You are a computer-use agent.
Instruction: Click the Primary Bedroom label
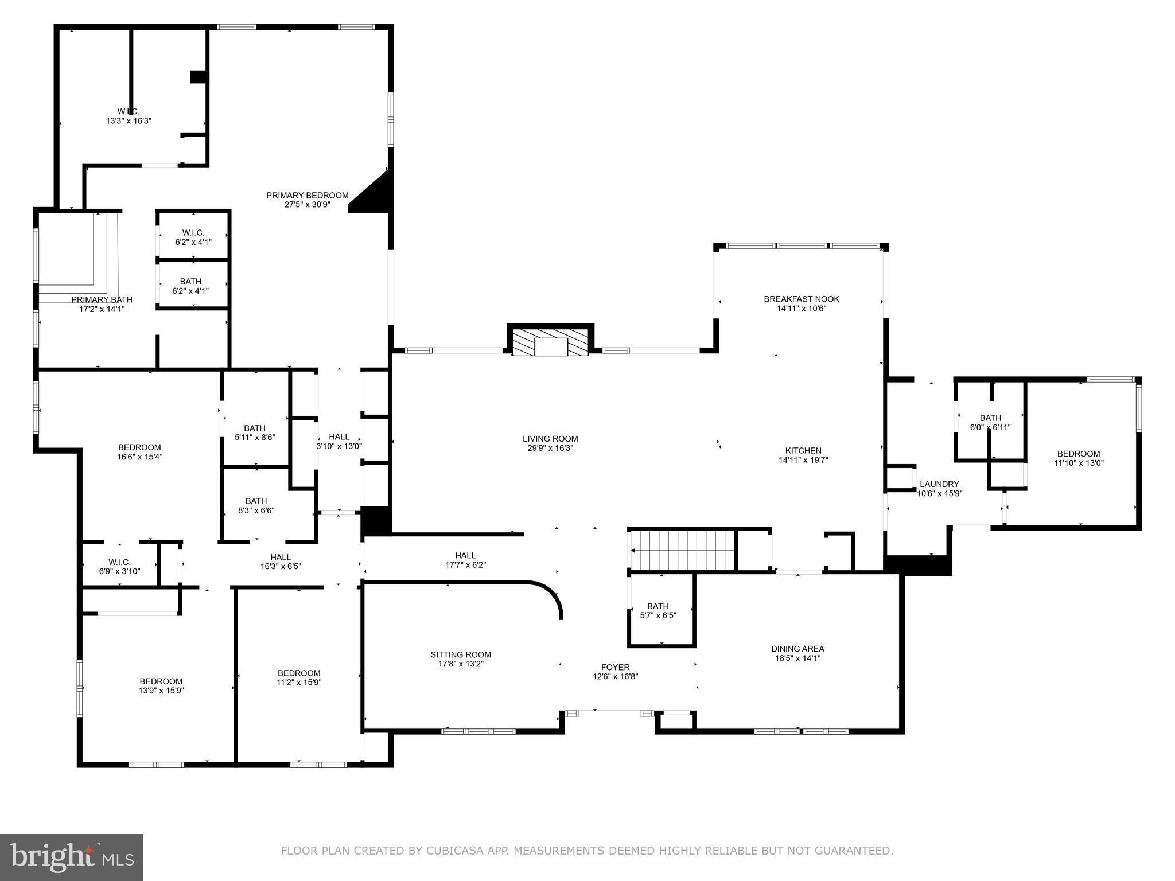(307, 195)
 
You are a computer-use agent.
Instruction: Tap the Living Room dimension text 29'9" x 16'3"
(550, 448)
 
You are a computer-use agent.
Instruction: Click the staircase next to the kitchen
(683, 550)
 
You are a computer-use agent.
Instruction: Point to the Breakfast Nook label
(801, 299)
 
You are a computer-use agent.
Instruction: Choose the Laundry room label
(939, 484)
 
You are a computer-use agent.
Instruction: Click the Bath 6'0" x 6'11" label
(990, 422)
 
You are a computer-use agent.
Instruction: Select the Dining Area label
(797, 649)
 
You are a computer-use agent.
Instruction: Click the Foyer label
(615, 667)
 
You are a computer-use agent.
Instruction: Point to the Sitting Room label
(461, 654)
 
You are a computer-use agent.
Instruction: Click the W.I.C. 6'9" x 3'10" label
(119, 566)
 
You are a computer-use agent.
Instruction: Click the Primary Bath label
(102, 299)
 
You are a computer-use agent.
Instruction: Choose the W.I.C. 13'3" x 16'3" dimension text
(129, 121)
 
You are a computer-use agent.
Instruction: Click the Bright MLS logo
(72, 857)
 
